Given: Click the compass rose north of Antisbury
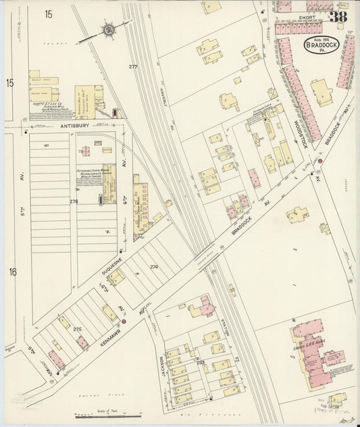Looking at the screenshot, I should click(109, 30).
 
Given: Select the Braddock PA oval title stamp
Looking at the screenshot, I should click(315, 47).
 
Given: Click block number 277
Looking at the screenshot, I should click(132, 66).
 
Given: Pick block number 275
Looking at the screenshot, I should click(77, 329).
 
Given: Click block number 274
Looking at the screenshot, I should click(154, 267).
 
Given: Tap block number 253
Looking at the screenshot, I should click(201, 363).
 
